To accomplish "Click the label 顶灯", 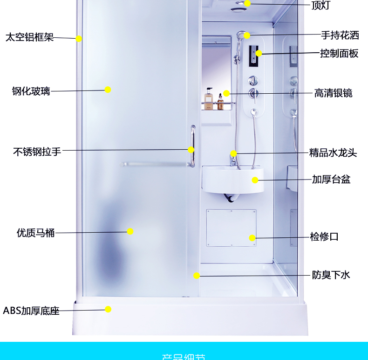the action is tap(320, 6).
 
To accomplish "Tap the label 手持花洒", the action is tap(340, 35).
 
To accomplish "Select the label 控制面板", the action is tap(339, 54).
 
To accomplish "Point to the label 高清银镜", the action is tap(333, 93).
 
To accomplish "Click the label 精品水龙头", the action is tap(333, 152).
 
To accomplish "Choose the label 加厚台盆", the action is tap(331, 180).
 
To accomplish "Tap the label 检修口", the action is tap(324, 237).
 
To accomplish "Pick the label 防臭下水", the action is tap(331, 275).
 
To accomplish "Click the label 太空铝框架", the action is tap(29, 37).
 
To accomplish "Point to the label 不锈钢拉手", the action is tap(37, 152).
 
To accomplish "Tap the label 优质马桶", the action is tap(35, 233).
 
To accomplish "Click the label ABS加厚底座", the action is tap(31, 311).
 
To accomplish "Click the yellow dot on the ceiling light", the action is tap(247, 3).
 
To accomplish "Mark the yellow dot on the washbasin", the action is tap(255, 180).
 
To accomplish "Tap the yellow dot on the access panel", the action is tap(252, 238).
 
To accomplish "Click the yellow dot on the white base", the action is tap(108, 309).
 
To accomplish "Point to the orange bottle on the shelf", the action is tap(209, 100).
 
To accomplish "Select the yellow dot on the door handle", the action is tap(191, 150).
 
